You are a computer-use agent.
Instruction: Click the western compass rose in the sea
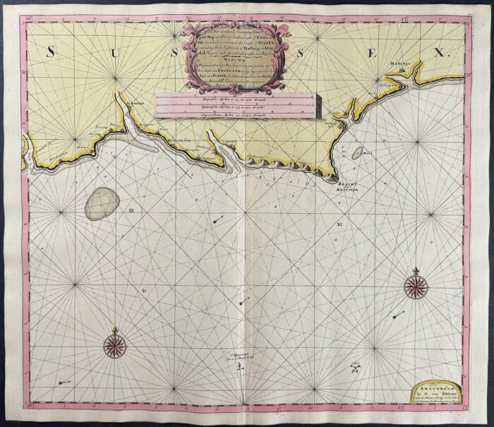tap(114, 344)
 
